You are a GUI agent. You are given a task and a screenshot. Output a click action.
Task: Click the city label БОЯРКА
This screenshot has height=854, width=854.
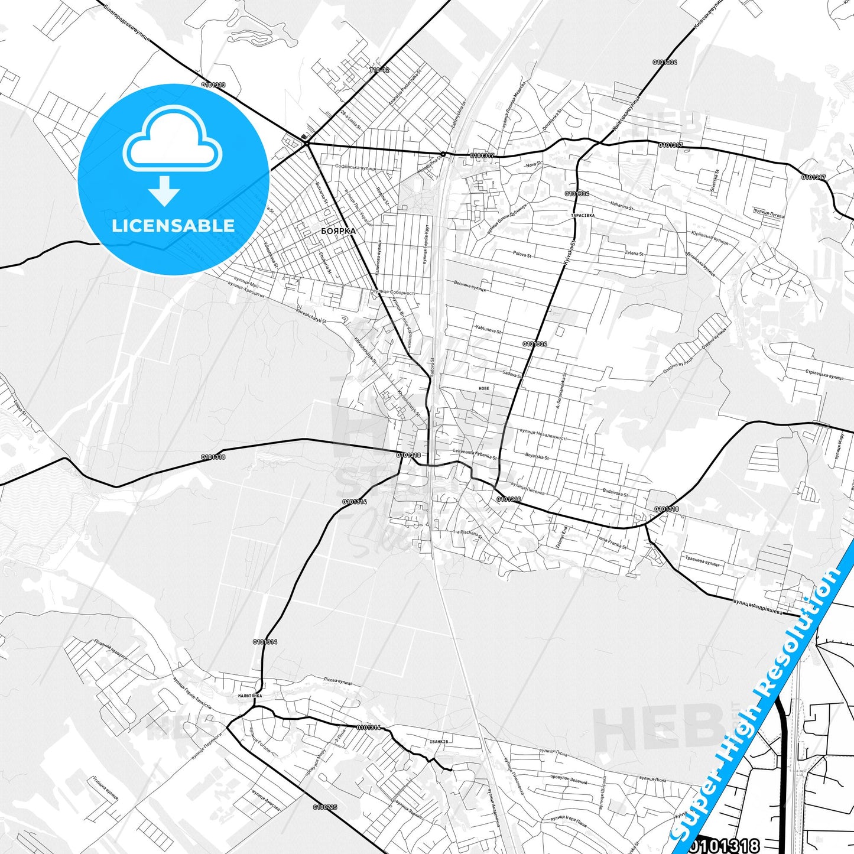(x=338, y=231)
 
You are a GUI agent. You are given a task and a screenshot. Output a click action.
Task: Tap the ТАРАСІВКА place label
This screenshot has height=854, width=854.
(x=583, y=216)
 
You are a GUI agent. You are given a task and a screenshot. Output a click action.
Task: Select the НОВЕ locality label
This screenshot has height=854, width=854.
(x=484, y=388)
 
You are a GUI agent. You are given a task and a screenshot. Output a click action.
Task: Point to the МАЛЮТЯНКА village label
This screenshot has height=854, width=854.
(x=250, y=696)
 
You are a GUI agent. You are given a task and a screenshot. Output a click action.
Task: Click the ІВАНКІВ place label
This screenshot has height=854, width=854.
(x=439, y=741)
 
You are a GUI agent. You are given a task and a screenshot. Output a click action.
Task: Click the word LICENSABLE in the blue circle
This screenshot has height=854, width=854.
(x=173, y=226)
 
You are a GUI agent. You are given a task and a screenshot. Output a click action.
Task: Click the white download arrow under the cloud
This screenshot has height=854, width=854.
(x=164, y=190)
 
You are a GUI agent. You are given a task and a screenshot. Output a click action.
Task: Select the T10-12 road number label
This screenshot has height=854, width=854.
(x=379, y=70)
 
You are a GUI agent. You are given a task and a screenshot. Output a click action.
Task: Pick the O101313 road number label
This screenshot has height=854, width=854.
(x=213, y=85)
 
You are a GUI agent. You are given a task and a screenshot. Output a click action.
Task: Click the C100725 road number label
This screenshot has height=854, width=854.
(x=325, y=807)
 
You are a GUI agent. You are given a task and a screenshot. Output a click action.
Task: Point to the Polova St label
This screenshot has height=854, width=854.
(x=522, y=254)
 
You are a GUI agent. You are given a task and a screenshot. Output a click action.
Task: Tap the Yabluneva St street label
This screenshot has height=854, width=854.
(x=488, y=329)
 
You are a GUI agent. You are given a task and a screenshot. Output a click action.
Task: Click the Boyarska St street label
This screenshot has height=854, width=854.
(x=537, y=456)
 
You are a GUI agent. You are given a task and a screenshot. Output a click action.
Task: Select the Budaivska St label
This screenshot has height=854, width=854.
(x=615, y=492)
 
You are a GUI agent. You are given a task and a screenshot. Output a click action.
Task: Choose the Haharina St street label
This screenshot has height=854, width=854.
(x=621, y=207)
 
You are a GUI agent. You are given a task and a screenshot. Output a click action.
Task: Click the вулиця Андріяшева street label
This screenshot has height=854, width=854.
(x=758, y=608)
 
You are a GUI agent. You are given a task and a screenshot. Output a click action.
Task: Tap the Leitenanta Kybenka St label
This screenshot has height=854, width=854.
(x=475, y=454)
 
